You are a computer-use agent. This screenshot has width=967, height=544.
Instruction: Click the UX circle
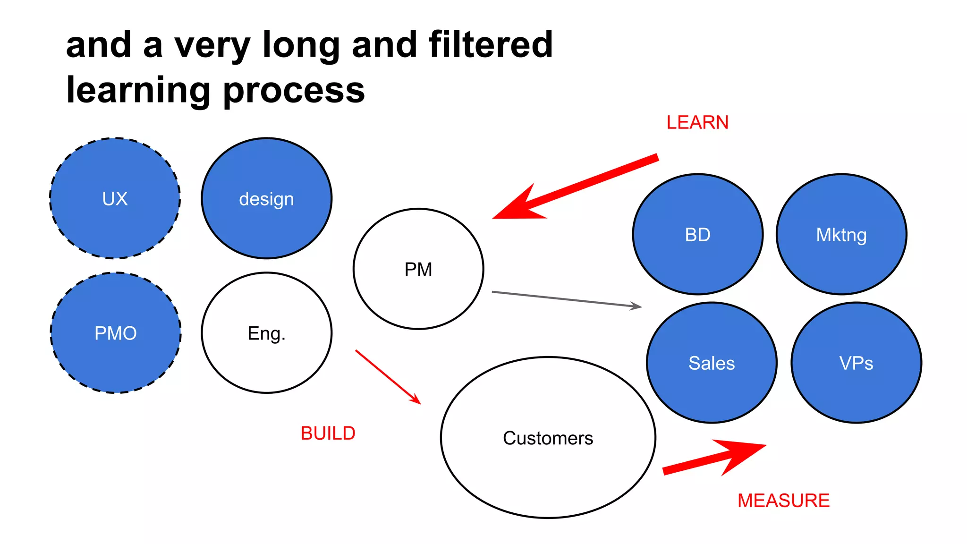tap(115, 198)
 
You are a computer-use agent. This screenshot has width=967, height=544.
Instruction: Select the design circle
tap(266, 198)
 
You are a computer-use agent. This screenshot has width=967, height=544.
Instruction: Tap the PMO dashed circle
tap(116, 333)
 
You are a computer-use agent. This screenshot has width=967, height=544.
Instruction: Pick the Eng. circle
tap(266, 333)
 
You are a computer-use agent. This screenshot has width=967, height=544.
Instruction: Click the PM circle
tap(418, 269)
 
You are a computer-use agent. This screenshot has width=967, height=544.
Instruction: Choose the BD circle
tap(697, 235)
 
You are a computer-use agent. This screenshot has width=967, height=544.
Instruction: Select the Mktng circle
tap(841, 235)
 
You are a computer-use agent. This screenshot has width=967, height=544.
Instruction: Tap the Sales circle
tap(712, 363)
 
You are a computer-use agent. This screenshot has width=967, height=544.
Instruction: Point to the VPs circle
tap(856, 363)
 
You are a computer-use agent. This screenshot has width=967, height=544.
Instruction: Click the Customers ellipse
tap(548, 438)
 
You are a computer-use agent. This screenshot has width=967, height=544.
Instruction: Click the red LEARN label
tap(697, 123)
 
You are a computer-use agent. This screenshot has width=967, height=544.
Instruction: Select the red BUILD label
tap(328, 433)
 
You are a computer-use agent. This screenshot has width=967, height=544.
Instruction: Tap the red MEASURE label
tap(783, 501)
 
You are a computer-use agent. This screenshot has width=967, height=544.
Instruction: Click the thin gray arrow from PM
tap(567, 299)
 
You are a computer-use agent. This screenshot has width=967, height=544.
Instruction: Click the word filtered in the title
tap(491, 45)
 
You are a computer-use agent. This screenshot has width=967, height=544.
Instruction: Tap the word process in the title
tap(294, 90)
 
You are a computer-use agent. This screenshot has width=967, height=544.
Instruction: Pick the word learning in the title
tap(138, 90)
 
